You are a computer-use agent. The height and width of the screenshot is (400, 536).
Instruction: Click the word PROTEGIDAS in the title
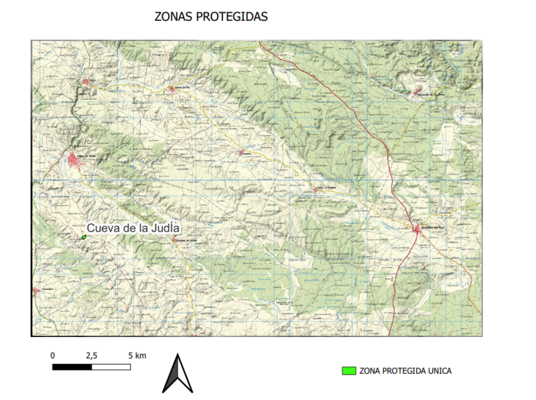click(231, 17)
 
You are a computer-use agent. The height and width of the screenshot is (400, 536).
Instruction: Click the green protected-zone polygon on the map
click(84, 237)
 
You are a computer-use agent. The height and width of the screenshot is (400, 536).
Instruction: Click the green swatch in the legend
click(348, 371)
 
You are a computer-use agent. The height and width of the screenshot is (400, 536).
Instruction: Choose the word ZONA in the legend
click(372, 371)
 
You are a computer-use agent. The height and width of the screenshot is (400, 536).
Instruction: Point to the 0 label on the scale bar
click(53, 355)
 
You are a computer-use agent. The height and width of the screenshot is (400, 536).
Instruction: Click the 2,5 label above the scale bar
click(92, 355)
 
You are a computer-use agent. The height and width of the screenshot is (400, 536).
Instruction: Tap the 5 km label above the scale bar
click(136, 355)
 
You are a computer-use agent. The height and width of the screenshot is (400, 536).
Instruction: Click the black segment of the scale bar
click(72, 366)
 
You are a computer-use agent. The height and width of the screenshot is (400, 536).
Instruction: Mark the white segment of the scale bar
click(111, 366)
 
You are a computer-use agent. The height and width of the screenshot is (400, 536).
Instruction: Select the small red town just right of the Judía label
click(178, 239)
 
